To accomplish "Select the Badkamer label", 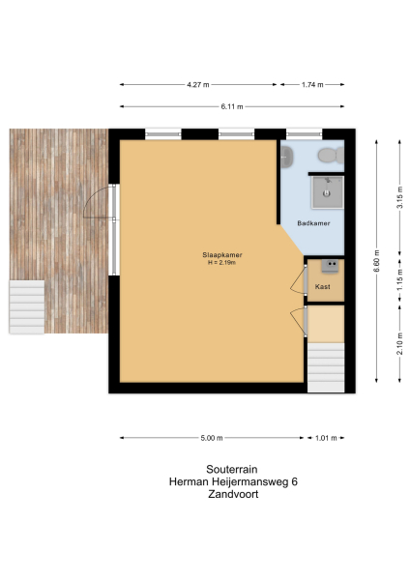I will tap(314, 223).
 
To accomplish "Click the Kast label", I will tap(322, 287).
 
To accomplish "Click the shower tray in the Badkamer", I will tap(326, 191).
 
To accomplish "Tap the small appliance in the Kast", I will tap(332, 265).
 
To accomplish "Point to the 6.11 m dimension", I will tap(230, 105).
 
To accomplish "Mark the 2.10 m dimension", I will tap(398, 343).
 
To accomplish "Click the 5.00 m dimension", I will tap(214, 438).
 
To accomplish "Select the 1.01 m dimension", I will tap(325, 438).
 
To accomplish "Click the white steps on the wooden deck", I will tap(26, 305).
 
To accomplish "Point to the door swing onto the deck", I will tap(97, 210).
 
